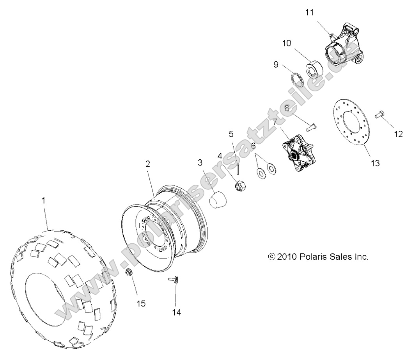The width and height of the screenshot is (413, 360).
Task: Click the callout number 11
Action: click(x=309, y=12)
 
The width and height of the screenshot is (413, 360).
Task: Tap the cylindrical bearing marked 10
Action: click(x=314, y=67)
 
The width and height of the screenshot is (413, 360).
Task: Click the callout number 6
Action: click(x=253, y=146)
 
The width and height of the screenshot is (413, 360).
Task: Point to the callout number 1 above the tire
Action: click(x=44, y=201)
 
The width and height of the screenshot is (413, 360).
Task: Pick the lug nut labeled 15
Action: click(x=129, y=273)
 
